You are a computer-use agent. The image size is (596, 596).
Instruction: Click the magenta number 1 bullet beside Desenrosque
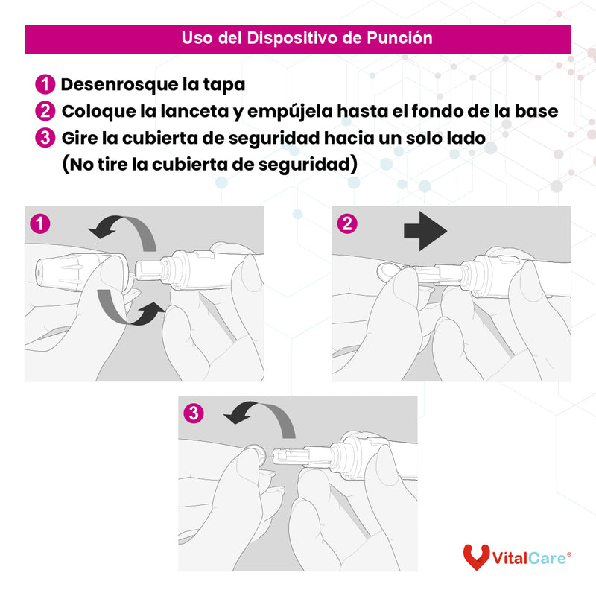45,84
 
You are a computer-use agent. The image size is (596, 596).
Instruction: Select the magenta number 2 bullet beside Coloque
45,111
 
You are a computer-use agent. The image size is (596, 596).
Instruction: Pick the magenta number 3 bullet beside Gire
45,138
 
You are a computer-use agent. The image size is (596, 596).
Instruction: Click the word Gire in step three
80,138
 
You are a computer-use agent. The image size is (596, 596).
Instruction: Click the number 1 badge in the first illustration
39,222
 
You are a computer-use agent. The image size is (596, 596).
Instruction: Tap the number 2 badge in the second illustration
346,222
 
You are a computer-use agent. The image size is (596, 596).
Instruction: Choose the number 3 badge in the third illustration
194,412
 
